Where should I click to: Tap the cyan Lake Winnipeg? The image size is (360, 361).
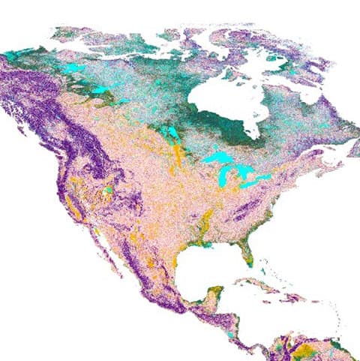click(x=172, y=134)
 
